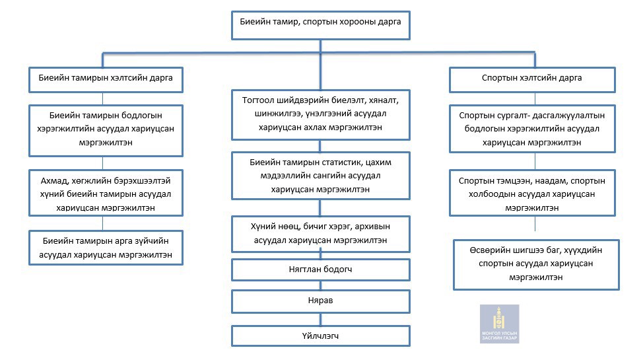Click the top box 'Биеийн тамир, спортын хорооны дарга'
pos(321,26)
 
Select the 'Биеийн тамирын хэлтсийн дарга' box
pos(106,80)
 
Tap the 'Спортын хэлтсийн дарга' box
pos(532,80)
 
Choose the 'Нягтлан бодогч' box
pos(321,270)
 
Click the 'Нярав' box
pos(321,301)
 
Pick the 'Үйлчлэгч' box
pos(321,336)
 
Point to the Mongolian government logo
pos(500,324)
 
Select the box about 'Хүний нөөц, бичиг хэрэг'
pos(321,234)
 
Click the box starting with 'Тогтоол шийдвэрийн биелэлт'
pos(321,115)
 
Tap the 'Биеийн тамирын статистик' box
pos(321,176)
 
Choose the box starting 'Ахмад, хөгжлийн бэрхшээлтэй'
pos(106,193)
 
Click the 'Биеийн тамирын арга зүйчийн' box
pos(106,248)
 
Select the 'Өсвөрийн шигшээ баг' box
pos(536,265)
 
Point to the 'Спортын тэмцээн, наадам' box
pos(532,193)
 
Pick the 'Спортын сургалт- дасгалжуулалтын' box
pos(532,129)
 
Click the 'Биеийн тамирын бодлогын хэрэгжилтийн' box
pos(106,131)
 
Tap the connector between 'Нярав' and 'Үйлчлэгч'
pos(321,319)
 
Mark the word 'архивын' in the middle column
pos(373,227)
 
